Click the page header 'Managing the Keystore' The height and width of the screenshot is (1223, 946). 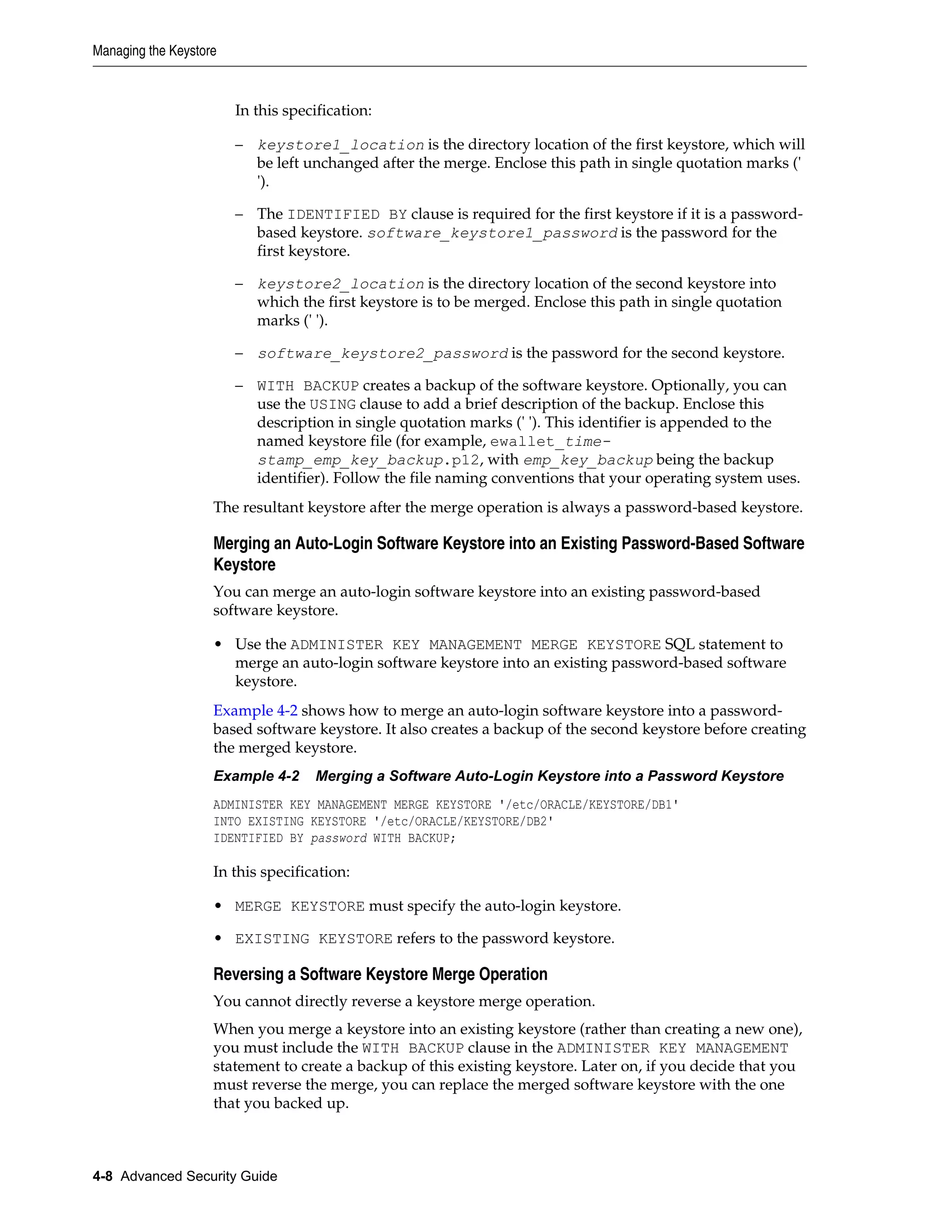coord(154,51)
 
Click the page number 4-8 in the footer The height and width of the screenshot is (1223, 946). coord(103,1176)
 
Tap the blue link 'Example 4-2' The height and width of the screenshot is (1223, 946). coord(255,711)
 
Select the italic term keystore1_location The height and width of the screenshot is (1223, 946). coord(340,145)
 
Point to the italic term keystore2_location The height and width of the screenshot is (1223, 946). coord(340,284)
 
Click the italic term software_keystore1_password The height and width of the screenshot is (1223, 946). coord(492,233)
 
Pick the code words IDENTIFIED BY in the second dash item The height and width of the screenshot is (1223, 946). coord(347,215)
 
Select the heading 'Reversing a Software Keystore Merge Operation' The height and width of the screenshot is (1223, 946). coord(380,974)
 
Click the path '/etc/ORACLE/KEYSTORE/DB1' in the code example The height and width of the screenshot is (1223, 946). coord(588,805)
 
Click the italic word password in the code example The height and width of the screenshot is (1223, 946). coord(338,838)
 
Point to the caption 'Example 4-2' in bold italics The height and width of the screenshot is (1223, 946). coord(256,776)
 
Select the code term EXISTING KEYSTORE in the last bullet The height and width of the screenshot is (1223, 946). coord(313,939)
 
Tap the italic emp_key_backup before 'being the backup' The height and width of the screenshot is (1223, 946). coord(588,460)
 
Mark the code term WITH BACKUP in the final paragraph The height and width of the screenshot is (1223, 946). coord(413,1048)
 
